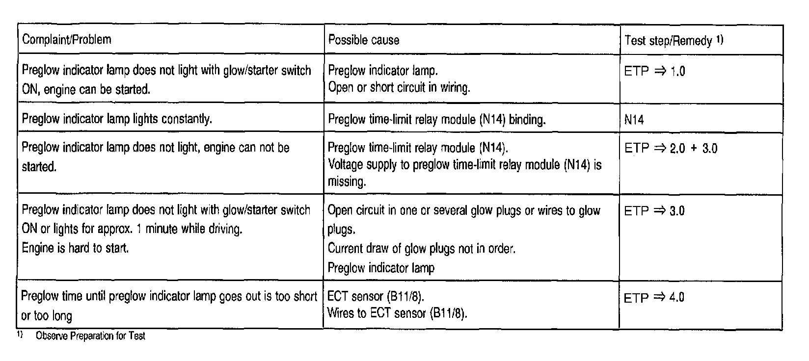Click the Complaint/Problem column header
[x=67, y=40]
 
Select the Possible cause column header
[x=364, y=40]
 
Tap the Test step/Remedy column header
[x=668, y=41]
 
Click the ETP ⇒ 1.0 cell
[x=654, y=72]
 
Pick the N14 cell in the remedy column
[x=634, y=120]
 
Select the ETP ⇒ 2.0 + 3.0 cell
[x=671, y=149]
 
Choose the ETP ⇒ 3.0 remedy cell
[x=654, y=211]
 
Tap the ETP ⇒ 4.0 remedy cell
[x=654, y=298]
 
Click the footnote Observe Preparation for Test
[x=90, y=336]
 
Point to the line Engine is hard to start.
[x=75, y=248]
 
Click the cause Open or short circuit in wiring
[x=399, y=88]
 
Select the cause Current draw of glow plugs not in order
[x=421, y=249]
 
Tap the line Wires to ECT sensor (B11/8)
[x=397, y=313]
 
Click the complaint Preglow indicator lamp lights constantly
[x=117, y=119]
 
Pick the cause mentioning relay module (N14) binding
[x=436, y=120]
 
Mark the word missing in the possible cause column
[x=347, y=182]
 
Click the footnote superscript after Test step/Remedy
[x=720, y=39]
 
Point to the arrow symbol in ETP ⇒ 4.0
[x=660, y=298]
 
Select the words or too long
[x=47, y=316]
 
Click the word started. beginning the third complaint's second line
[x=39, y=167]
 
